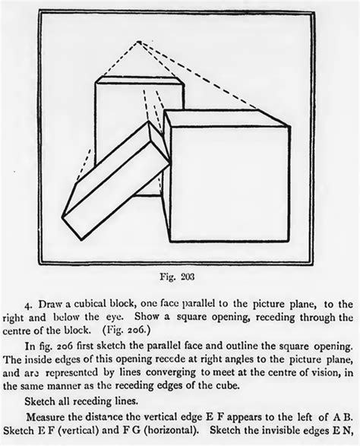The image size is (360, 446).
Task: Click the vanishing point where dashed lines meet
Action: point(138,42)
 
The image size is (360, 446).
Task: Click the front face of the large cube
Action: point(231,184)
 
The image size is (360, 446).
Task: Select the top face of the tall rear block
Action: point(140,80)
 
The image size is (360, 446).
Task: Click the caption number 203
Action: point(188,277)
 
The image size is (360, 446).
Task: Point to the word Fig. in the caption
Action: point(168,277)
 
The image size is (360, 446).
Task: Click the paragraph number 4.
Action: point(27,305)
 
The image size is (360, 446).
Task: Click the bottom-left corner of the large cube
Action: point(171,242)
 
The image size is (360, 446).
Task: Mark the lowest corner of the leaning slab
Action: point(82,240)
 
